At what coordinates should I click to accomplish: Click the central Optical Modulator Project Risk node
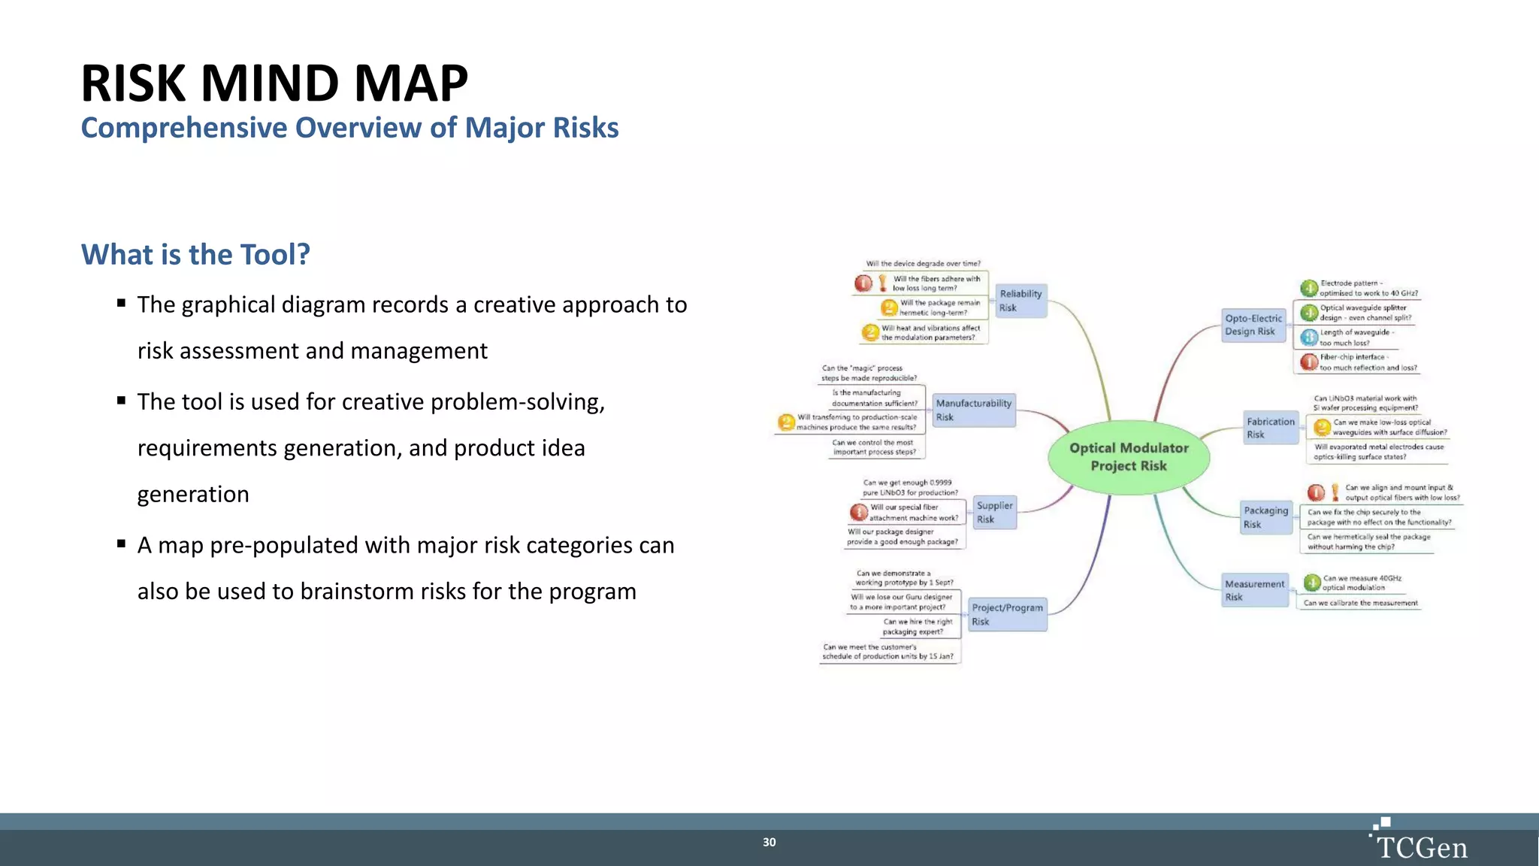pos(1129,456)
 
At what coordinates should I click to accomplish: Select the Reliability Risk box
pos(1020,301)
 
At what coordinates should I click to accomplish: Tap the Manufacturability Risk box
pos(974,410)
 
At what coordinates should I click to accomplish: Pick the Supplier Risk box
pos(995,512)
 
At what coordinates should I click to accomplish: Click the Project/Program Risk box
pos(1007,614)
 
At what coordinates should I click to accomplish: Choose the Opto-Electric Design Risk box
pos(1253,325)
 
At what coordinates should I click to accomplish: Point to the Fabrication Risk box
pos(1271,428)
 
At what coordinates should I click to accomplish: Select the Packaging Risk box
pos(1265,517)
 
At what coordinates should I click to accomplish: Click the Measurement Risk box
pos(1254,590)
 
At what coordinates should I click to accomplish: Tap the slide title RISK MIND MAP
pos(274,83)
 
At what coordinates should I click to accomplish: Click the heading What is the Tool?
pos(195,255)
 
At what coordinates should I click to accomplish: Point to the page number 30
pos(769,842)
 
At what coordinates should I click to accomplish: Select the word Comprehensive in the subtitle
pos(184,128)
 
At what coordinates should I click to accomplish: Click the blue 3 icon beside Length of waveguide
pos(1309,337)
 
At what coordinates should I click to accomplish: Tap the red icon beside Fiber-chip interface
pos(1309,362)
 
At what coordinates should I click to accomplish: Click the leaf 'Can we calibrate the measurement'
pos(1360,603)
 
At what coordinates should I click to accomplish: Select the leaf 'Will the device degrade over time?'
pos(923,264)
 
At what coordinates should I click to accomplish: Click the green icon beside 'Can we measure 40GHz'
pos(1312,583)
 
